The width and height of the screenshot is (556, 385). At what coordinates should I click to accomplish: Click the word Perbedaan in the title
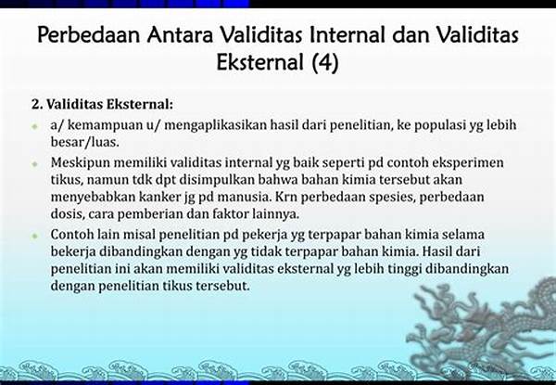pos(89,34)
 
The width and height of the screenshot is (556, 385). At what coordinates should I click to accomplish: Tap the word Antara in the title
pos(180,34)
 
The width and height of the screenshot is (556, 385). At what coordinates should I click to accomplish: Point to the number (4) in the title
pos(325,62)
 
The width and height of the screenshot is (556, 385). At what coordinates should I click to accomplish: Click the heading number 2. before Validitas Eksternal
pos(37,104)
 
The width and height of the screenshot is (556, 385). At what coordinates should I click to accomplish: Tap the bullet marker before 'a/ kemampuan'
pos(34,126)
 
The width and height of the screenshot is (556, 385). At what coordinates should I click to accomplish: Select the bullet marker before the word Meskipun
pos(34,163)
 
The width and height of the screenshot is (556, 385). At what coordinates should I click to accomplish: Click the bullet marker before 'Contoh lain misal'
pos(34,236)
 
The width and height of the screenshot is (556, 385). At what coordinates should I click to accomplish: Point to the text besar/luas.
pos(84,142)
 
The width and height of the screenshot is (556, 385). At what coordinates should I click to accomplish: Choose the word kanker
pos(160,197)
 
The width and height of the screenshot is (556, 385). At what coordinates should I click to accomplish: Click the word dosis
pos(67,214)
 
